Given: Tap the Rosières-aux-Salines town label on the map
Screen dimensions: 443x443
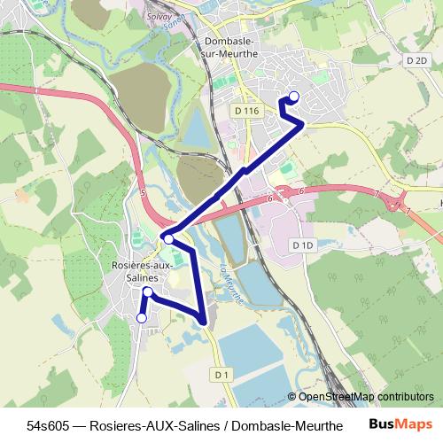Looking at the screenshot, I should pos(135,271).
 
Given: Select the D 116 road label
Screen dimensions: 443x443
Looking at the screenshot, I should pos(248,111).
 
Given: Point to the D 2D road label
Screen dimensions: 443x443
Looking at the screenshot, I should pos(415,59).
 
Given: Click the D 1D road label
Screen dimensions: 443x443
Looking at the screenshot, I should pos(303,245).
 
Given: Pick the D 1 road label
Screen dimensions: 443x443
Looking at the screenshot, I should pos(221,376).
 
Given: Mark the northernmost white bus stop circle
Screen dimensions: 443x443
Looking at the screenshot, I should pos(294,97).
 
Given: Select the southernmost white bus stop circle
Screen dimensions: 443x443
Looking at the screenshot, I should pos(141,318).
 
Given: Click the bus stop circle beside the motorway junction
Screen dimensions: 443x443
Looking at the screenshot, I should pos(168,238).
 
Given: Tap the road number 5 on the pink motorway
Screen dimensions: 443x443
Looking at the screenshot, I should pos(142,190).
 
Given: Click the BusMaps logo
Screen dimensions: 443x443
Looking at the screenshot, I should pos(400,425).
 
